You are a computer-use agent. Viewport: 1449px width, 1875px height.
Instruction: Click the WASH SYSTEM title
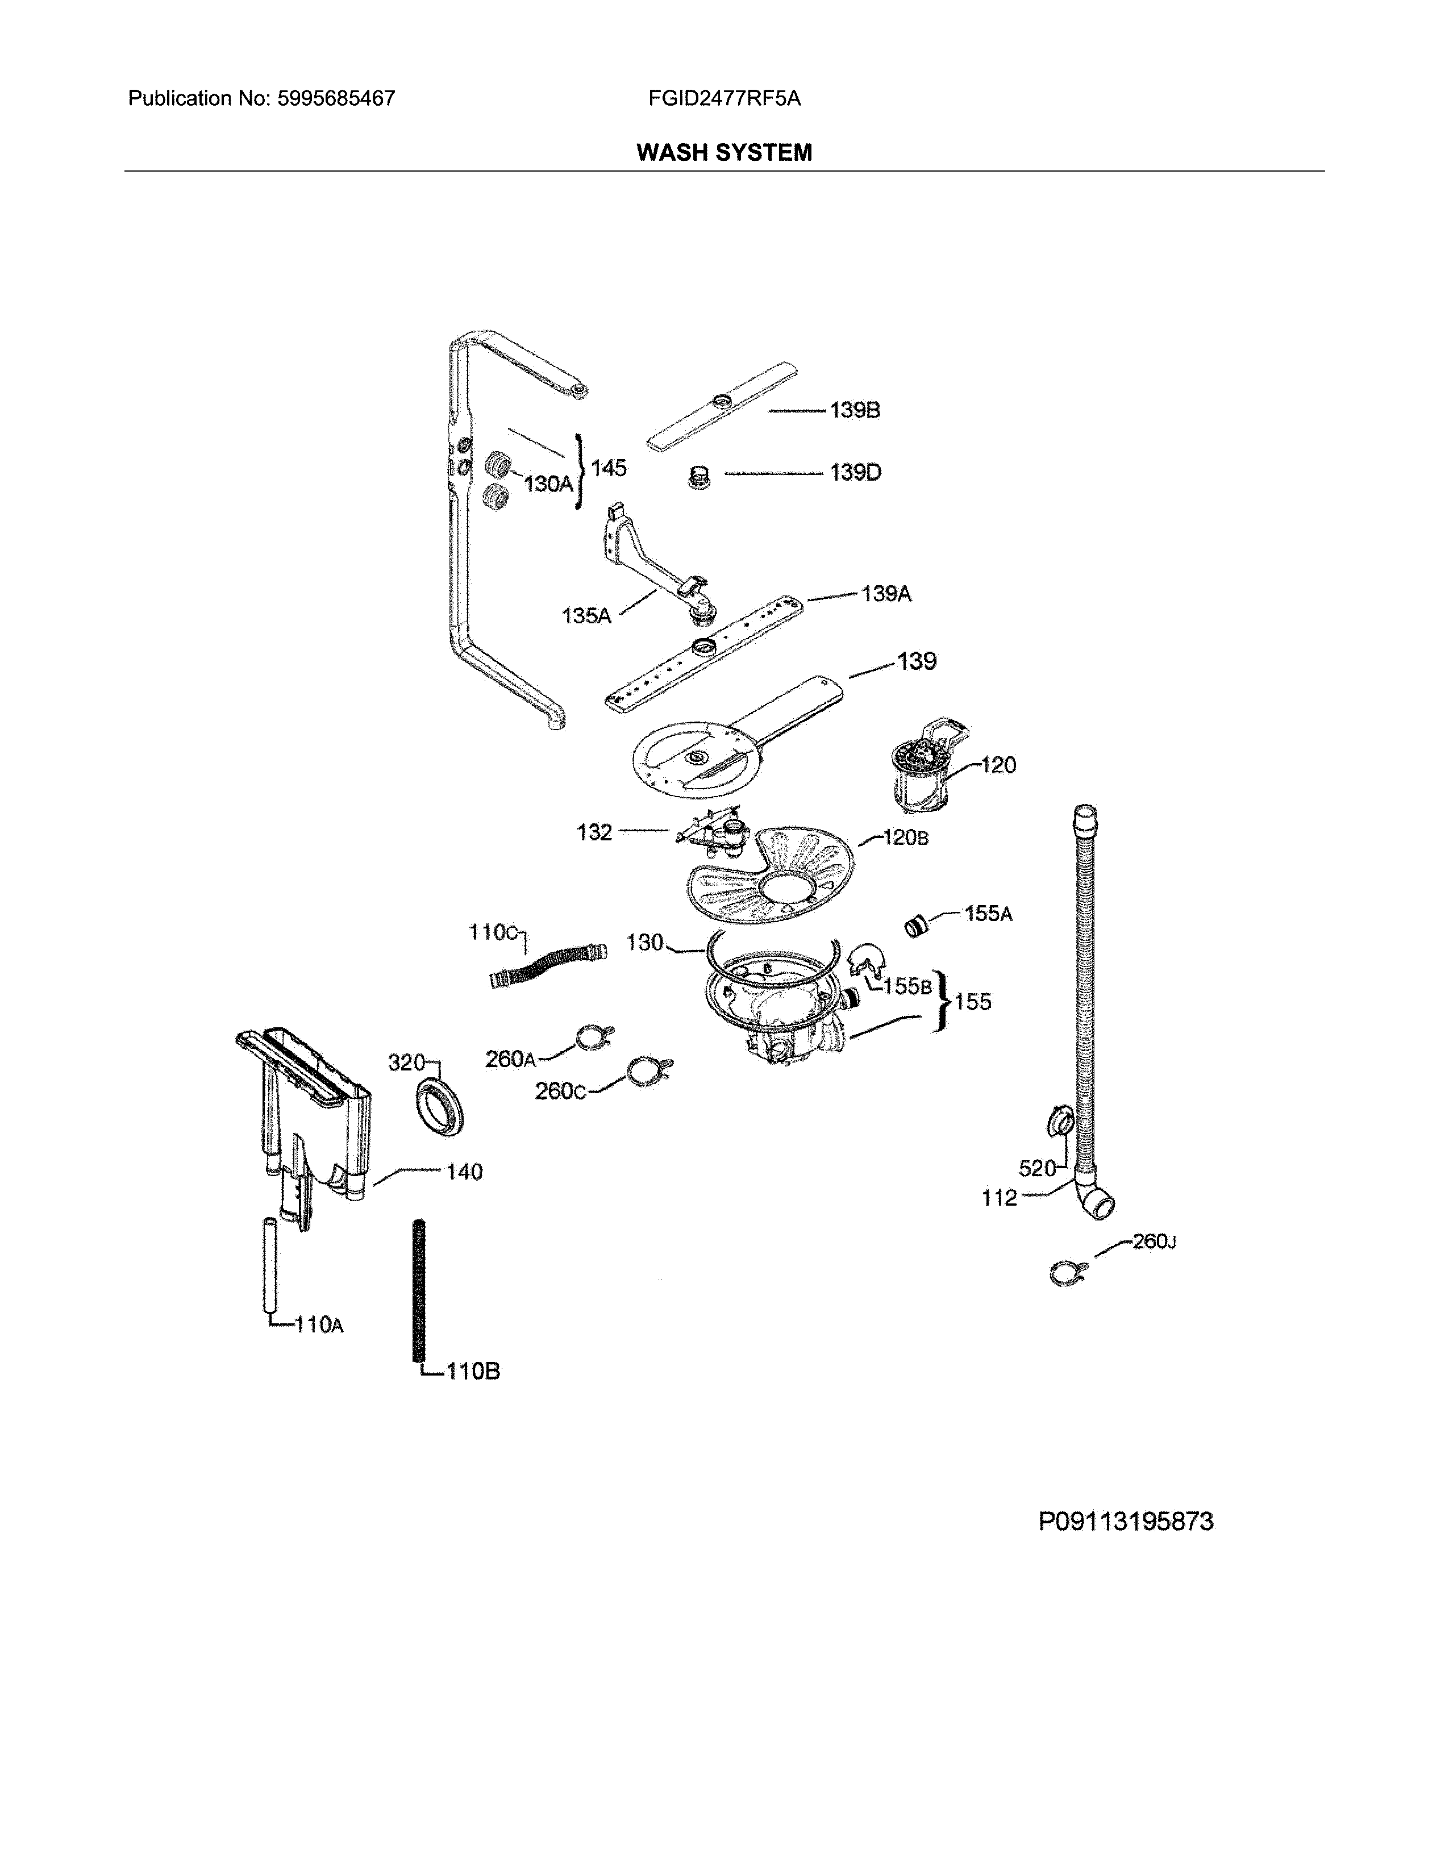(x=723, y=153)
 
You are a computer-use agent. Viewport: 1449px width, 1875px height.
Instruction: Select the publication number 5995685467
(x=336, y=99)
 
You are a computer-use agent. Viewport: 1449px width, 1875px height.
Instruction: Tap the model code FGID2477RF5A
(x=724, y=99)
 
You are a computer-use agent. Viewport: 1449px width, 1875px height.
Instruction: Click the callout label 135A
(x=586, y=615)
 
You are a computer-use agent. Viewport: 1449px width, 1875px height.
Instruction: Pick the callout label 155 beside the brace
(x=973, y=1002)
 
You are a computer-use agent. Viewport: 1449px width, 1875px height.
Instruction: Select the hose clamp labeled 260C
(x=648, y=1072)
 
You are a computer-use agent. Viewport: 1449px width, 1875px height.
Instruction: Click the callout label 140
(x=464, y=1172)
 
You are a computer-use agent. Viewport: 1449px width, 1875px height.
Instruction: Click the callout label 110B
(x=473, y=1371)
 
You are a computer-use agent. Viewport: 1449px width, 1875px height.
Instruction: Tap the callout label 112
(x=999, y=1198)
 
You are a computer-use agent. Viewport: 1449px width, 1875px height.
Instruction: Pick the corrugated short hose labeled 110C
(x=548, y=965)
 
